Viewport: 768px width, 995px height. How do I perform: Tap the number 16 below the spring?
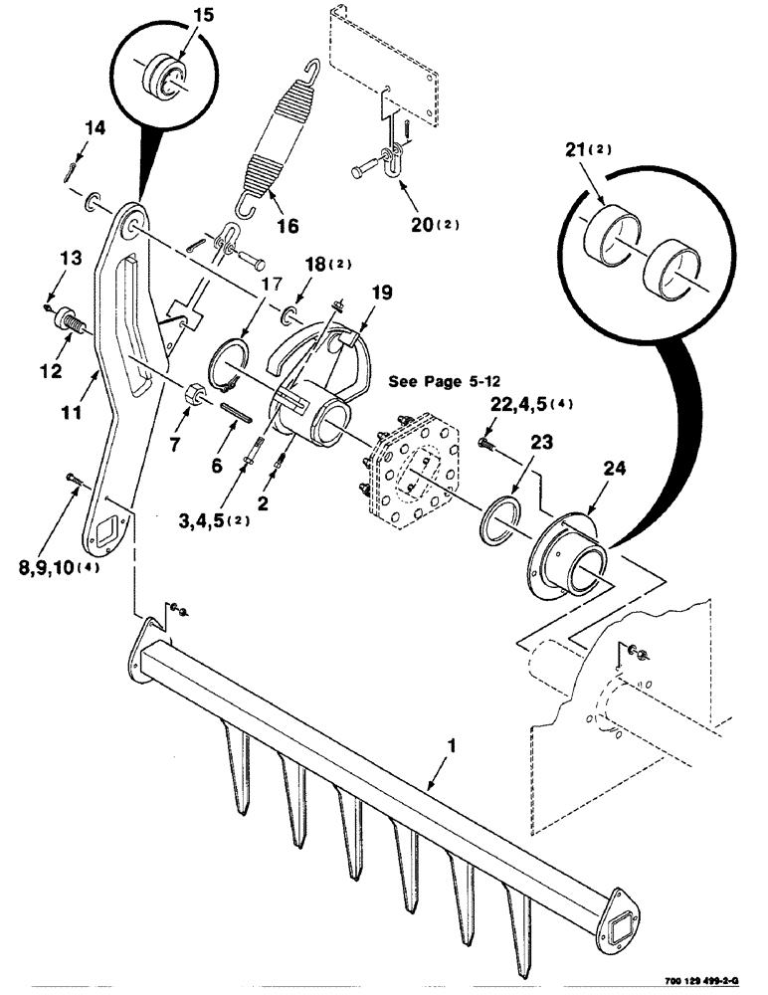click(x=287, y=227)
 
